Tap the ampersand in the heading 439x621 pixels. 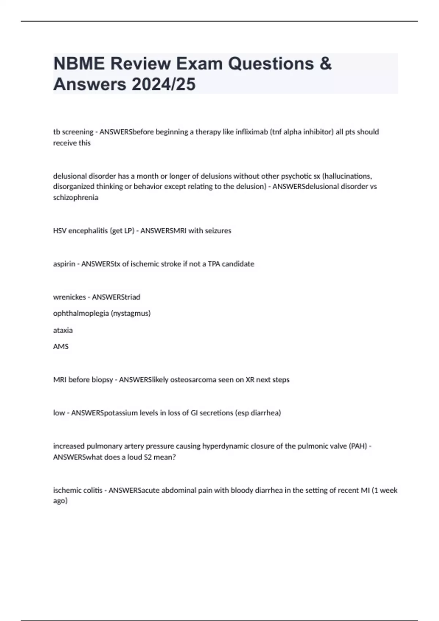pos(325,64)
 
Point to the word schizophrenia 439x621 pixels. pos(76,198)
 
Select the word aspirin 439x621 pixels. pos(64,264)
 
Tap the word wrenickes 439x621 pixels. pos(70,297)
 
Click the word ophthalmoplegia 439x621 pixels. pos(81,313)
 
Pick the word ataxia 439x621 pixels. pos(63,330)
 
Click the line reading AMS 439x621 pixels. pos(61,347)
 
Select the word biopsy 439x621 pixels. pos(102,380)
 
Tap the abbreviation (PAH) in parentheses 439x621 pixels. pos(358,446)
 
